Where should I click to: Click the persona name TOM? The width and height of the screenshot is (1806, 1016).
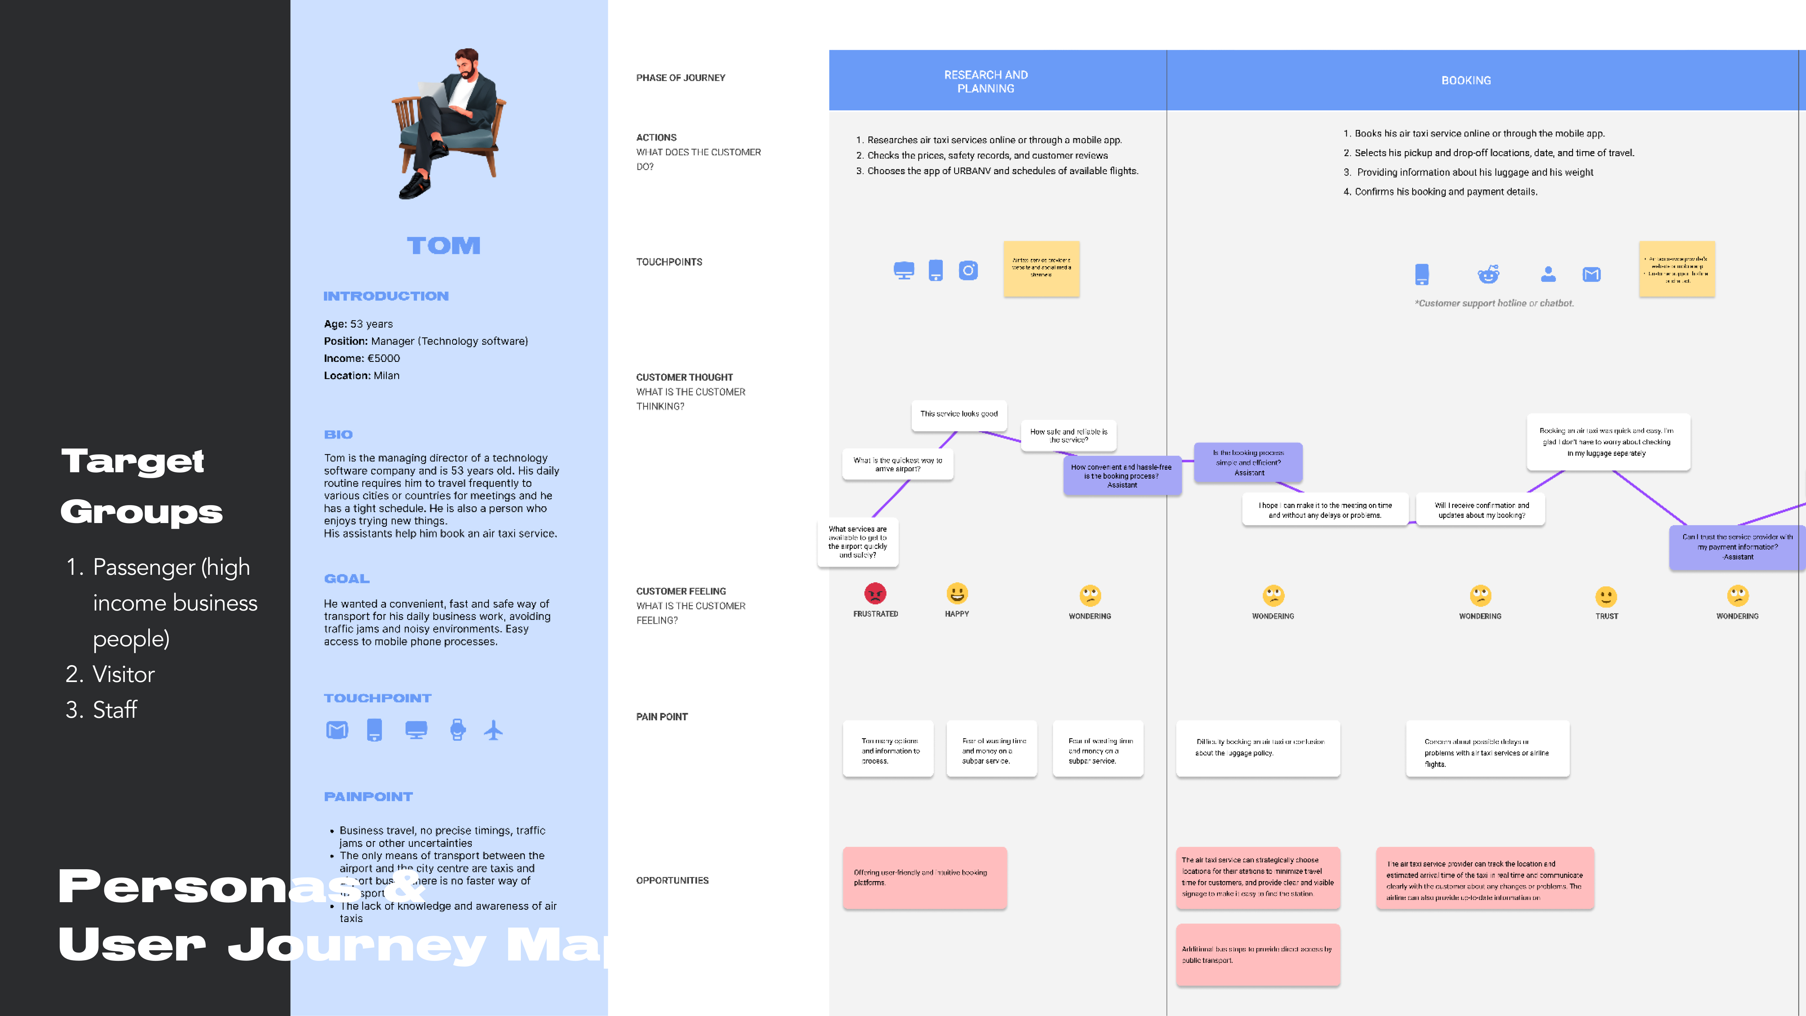click(443, 246)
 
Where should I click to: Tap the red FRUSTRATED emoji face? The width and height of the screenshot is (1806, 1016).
click(875, 594)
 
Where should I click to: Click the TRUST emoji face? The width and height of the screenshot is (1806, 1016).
click(1606, 597)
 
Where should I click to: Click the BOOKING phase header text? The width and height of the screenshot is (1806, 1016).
click(1466, 81)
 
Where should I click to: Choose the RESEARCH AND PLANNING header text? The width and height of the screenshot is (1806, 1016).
click(986, 81)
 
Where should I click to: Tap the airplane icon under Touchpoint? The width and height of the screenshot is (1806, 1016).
click(494, 730)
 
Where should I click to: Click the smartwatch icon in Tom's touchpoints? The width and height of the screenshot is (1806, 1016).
click(458, 730)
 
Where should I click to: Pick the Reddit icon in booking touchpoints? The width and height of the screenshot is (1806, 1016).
click(1488, 274)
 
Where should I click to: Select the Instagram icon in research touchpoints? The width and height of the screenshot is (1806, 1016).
click(968, 271)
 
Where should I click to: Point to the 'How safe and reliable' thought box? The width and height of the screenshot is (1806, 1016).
click(1069, 436)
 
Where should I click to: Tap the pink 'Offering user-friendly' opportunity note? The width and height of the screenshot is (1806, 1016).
click(924, 878)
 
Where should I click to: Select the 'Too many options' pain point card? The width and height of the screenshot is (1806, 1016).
click(888, 749)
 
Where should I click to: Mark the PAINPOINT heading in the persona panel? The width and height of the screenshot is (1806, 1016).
click(368, 796)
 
